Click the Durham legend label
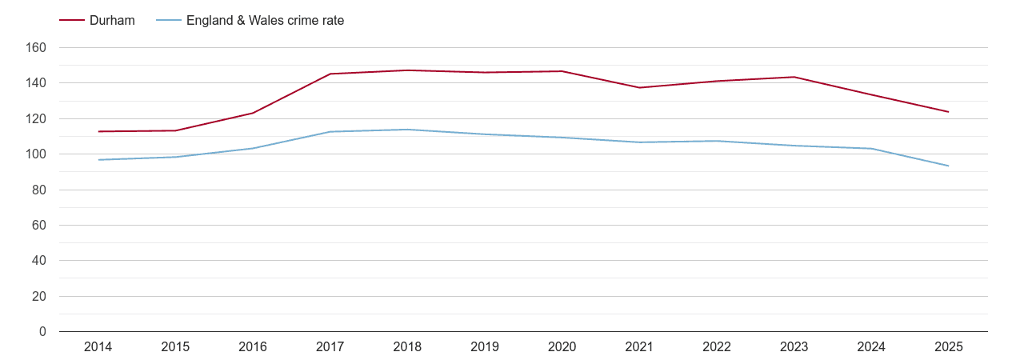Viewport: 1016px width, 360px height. [x=112, y=21]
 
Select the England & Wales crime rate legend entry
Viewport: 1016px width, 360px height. [x=265, y=21]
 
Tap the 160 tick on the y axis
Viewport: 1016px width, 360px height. [x=37, y=48]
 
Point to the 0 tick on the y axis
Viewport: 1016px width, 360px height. [x=42, y=331]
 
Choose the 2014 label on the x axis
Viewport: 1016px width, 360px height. [x=98, y=347]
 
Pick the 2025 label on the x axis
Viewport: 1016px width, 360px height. [x=948, y=347]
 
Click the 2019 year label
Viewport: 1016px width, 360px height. [x=485, y=347]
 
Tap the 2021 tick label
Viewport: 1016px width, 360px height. [x=639, y=347]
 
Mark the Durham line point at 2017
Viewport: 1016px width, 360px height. [x=330, y=74]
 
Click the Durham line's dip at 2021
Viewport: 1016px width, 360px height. [x=639, y=87]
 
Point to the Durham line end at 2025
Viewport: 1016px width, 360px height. [x=948, y=112]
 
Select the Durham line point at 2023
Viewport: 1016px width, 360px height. [x=794, y=77]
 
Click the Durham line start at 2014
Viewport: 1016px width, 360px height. [x=98, y=131]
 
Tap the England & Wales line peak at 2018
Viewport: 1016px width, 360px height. [x=407, y=130]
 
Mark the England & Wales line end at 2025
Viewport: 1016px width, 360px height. [x=948, y=166]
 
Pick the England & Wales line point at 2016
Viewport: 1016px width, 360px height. [x=253, y=148]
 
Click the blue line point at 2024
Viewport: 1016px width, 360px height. [x=871, y=149]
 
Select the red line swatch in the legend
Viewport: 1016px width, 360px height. [x=72, y=21]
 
